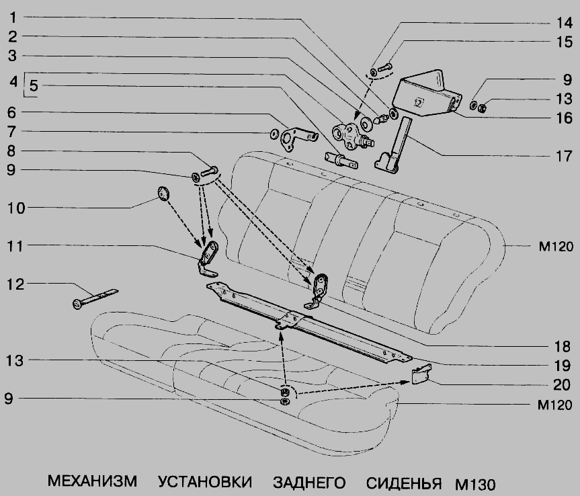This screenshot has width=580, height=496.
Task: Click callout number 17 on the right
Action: click(x=564, y=156)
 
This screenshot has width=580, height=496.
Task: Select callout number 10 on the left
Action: click(x=16, y=208)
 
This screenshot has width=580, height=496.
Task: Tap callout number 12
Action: click(x=16, y=284)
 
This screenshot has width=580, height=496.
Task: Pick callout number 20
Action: click(x=561, y=384)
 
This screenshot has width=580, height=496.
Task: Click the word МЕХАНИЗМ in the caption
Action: click(x=92, y=481)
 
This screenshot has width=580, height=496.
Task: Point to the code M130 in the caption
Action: click(x=475, y=484)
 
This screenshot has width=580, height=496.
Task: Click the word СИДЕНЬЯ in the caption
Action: click(x=404, y=483)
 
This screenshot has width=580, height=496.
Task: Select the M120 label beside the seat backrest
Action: click(x=556, y=247)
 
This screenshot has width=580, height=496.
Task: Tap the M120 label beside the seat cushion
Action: click(x=554, y=405)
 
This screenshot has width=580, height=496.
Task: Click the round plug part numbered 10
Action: click(x=163, y=194)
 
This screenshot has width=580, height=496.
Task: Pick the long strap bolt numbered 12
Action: click(x=95, y=298)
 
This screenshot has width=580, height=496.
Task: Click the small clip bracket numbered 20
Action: click(x=421, y=374)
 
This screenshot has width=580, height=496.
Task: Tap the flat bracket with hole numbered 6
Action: click(x=298, y=138)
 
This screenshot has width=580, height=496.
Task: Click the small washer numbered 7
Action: click(x=274, y=134)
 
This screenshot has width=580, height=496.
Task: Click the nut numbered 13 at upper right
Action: click(x=482, y=108)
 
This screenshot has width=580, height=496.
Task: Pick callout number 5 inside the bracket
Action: click(x=34, y=85)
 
